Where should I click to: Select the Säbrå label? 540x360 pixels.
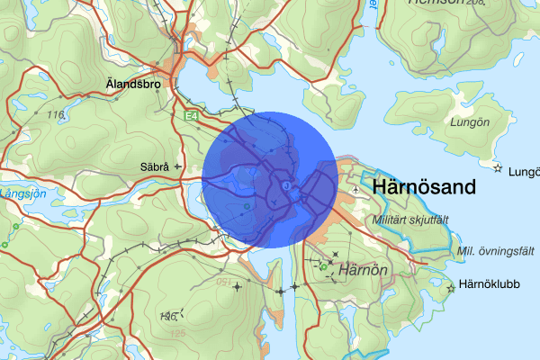pyautogui.click(x=156, y=166)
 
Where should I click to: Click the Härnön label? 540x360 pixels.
pyautogui.click(x=364, y=268)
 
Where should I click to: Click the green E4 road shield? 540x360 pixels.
pyautogui.click(x=190, y=117)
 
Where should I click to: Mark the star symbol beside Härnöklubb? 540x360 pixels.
pyautogui.click(x=451, y=288)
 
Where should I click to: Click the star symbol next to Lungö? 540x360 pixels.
pyautogui.click(x=496, y=167)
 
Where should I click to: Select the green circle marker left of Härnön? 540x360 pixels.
pyautogui.click(x=323, y=266)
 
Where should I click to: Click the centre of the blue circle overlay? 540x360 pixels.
pyautogui.click(x=269, y=179)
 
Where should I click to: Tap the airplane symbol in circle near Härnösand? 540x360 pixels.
pyautogui.click(x=285, y=185)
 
